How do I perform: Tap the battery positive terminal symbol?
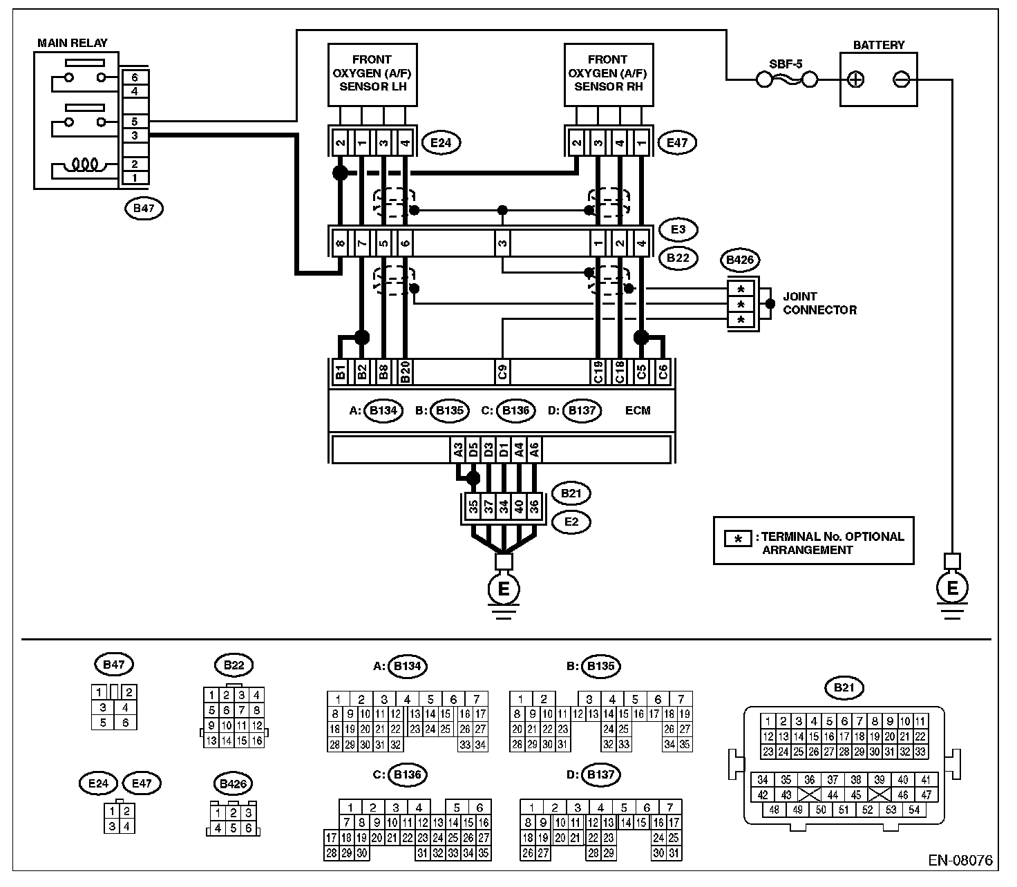click(x=855, y=79)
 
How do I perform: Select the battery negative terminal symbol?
click(x=901, y=79)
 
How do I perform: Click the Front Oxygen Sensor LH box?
click(x=372, y=74)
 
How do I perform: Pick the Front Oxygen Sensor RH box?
click(x=608, y=74)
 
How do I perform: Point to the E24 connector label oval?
click(x=441, y=143)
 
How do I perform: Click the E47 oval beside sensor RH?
click(x=677, y=143)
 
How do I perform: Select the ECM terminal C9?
click(x=503, y=372)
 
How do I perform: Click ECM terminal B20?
click(x=406, y=372)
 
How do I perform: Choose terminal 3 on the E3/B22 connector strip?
click(x=503, y=242)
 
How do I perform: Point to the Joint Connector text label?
click(x=819, y=303)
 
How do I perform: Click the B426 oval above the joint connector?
click(x=739, y=260)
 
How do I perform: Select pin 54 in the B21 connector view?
click(x=914, y=810)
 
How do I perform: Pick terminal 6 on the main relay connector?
click(x=135, y=77)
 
